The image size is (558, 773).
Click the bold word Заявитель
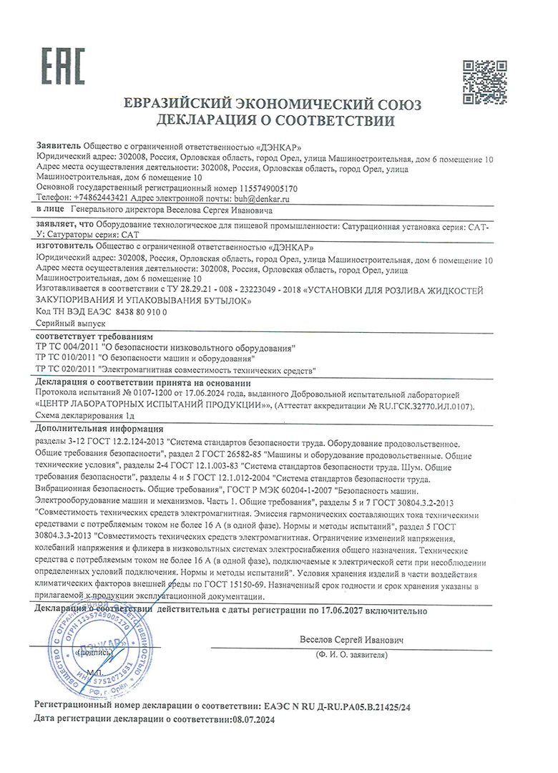[x=58, y=145]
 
